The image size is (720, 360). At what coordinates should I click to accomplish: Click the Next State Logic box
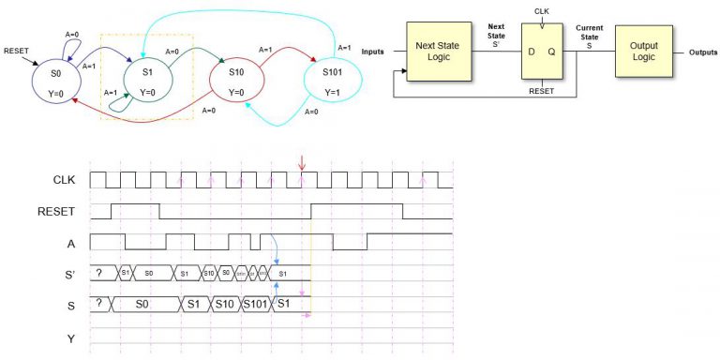[x=442, y=52]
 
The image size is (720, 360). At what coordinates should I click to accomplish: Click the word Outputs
[x=702, y=52]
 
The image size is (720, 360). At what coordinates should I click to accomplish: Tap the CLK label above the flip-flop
[x=543, y=11]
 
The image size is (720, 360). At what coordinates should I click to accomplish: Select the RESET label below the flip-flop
[x=543, y=92]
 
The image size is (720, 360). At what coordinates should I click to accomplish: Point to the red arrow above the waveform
[x=302, y=165]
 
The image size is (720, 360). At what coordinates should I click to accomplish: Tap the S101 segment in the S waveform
[x=255, y=305]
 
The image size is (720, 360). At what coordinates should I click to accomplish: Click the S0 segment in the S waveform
[x=142, y=305]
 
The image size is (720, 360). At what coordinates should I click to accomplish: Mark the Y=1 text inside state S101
[x=331, y=92]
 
